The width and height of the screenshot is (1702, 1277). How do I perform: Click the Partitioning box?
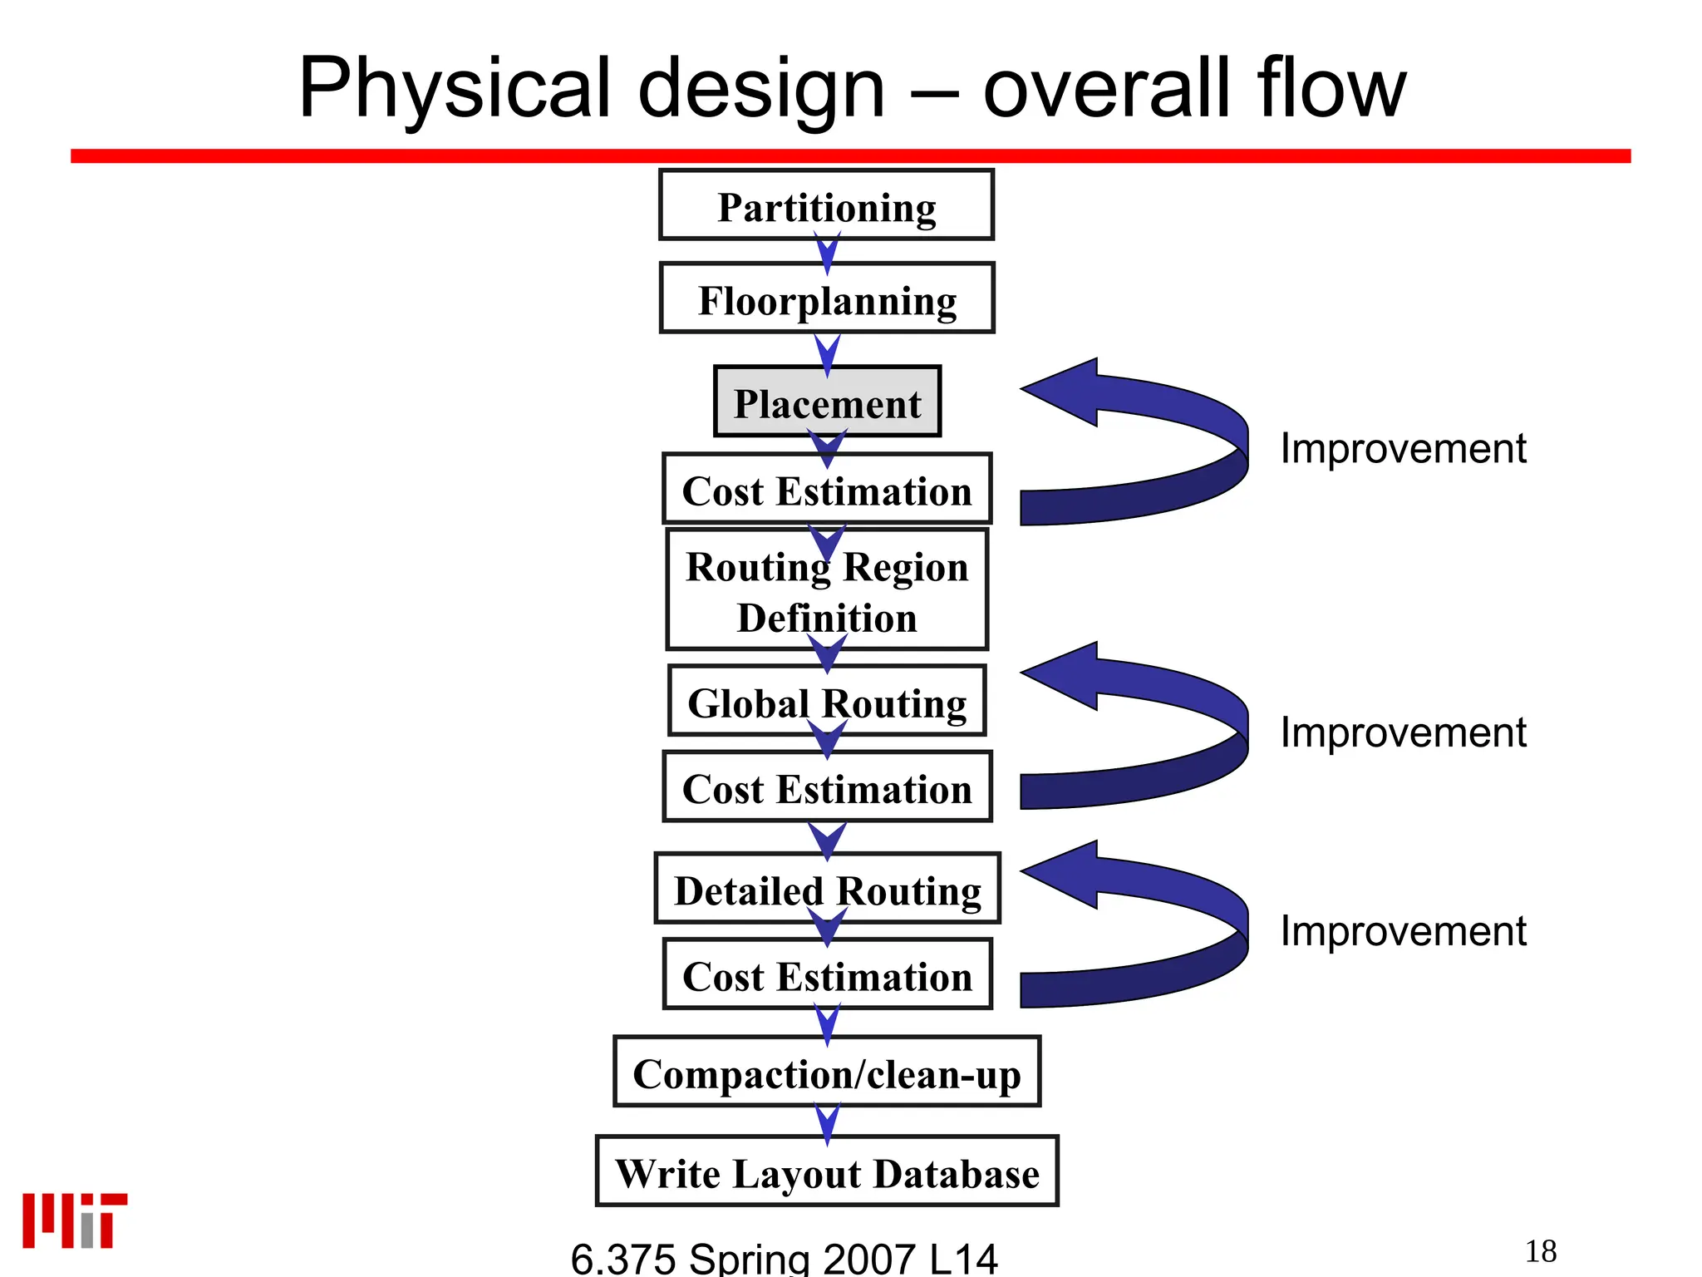(826, 205)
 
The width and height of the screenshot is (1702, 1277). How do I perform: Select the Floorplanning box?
(827, 298)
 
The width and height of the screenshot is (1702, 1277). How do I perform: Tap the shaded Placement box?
(827, 402)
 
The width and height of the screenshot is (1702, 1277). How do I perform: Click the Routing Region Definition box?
(827, 591)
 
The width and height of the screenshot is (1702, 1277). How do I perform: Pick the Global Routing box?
(827, 701)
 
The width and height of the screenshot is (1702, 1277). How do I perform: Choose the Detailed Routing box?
(827, 889)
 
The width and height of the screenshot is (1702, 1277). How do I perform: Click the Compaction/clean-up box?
(827, 1072)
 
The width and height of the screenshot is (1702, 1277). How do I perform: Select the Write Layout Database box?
(827, 1171)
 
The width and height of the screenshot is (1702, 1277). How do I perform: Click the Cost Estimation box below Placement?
(827, 490)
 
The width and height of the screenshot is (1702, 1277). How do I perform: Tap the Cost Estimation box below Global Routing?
(827, 787)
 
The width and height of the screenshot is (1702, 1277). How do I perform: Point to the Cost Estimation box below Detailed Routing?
(827, 975)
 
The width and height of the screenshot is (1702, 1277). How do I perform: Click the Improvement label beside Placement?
(1403, 449)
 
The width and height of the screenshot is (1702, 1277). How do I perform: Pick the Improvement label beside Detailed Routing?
(1403, 931)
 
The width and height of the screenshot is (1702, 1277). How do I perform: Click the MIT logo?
(75, 1220)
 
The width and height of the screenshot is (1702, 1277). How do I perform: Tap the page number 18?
(1541, 1251)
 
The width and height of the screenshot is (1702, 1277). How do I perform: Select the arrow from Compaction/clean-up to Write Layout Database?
(827, 1122)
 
